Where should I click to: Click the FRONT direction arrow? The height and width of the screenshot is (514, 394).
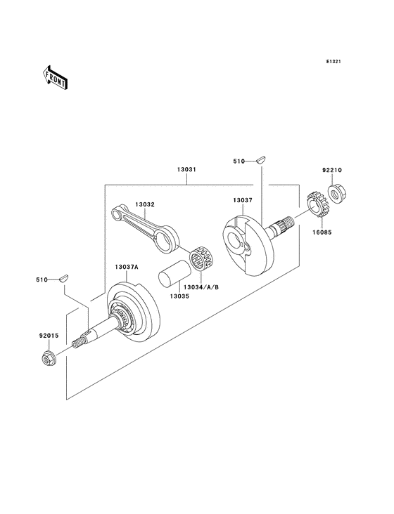[x=55, y=77]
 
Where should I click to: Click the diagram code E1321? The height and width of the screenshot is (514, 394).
[x=333, y=61]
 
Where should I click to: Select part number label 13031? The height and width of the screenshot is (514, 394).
[x=186, y=169]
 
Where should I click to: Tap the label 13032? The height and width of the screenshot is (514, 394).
[x=145, y=204]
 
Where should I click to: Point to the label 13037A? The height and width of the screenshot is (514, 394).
[x=127, y=267]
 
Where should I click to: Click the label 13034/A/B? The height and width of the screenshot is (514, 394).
[x=201, y=287]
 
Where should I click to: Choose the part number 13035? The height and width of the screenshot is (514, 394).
[x=179, y=296]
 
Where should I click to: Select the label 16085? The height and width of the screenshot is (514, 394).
[x=322, y=232]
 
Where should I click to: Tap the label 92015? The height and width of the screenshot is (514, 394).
[x=49, y=336]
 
